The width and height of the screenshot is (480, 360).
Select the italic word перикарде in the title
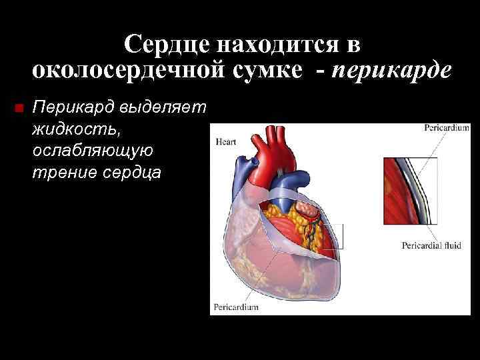pos(394,69)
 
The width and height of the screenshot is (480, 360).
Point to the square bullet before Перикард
pos(18,107)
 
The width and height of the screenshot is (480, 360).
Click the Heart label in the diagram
pos(225,142)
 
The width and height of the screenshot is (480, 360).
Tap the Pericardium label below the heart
pos(235,307)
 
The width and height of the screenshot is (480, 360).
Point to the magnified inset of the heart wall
pos(410,190)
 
